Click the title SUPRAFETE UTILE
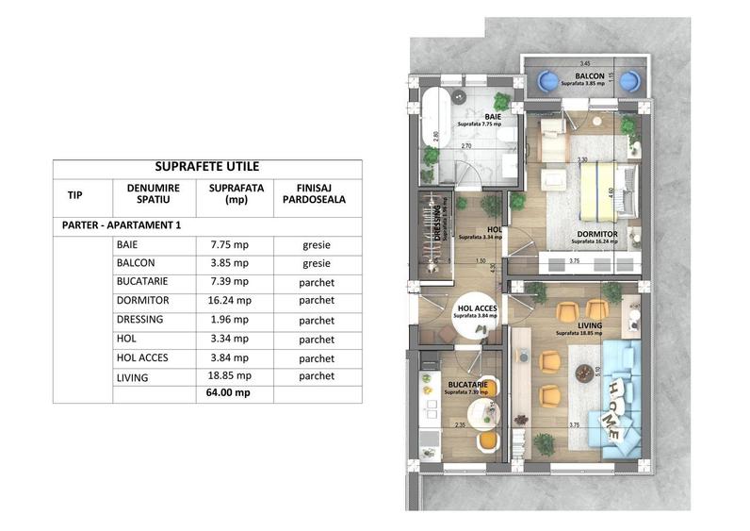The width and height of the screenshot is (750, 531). (206, 167)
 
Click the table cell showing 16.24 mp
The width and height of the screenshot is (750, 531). (228, 300)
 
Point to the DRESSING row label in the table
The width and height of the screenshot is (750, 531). (142, 320)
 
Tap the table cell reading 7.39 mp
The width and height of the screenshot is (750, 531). (228, 281)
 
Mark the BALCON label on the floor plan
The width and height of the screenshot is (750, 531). (590, 75)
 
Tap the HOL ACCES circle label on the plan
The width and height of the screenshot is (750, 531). (476, 310)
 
